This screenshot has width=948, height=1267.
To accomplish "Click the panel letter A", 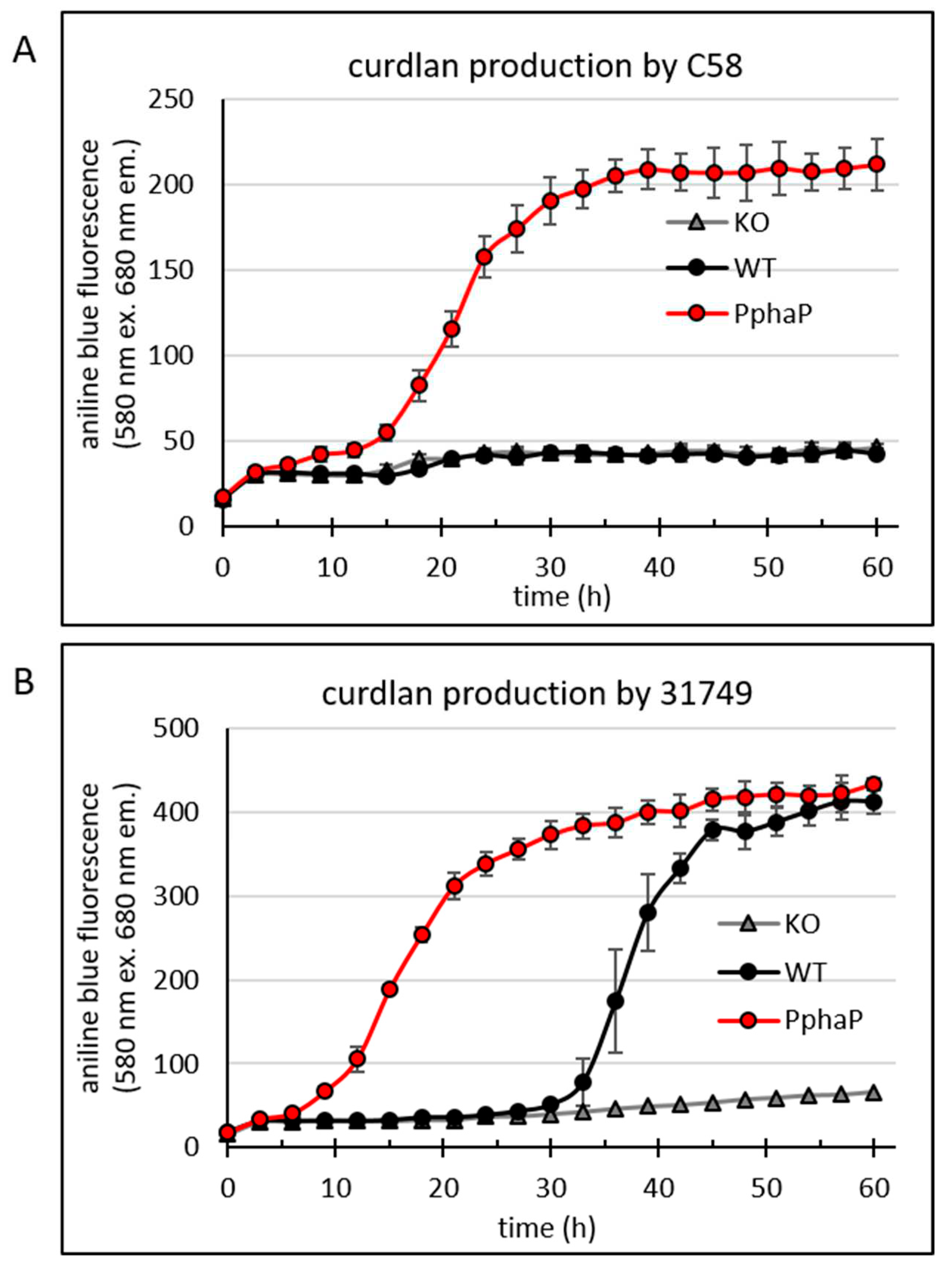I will coord(24,53).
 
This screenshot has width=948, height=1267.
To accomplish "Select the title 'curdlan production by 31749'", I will coord(536,694).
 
